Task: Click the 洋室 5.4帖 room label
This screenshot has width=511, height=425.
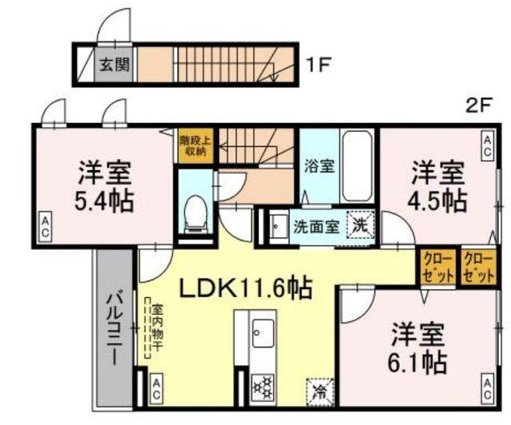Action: pos(105,185)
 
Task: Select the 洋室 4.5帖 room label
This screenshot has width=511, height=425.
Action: pos(439,185)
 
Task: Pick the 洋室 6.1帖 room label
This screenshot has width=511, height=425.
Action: pos(418,349)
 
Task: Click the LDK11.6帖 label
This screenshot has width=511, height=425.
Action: pos(244,286)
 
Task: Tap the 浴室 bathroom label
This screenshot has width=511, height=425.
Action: pos(319,167)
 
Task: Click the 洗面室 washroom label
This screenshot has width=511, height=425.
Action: pos(315,225)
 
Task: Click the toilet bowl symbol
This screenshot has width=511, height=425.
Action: pos(194,212)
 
